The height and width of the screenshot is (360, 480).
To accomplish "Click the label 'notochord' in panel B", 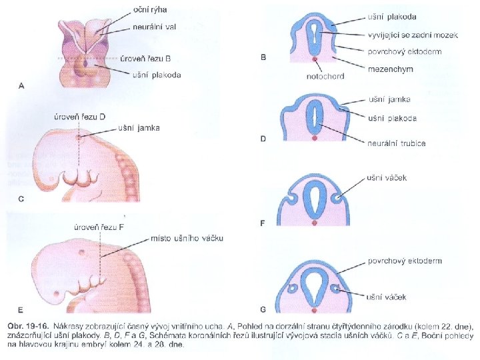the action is (326, 76).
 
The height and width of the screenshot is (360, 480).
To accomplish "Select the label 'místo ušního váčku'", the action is (187, 238).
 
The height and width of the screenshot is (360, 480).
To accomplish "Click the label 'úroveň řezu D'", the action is (79, 117).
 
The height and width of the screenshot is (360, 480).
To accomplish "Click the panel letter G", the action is (264, 310).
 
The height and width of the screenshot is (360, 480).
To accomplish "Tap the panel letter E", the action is (21, 310).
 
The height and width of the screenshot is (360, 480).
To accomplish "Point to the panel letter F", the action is (263, 223).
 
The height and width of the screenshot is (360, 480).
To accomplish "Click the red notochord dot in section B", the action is (314, 59).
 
